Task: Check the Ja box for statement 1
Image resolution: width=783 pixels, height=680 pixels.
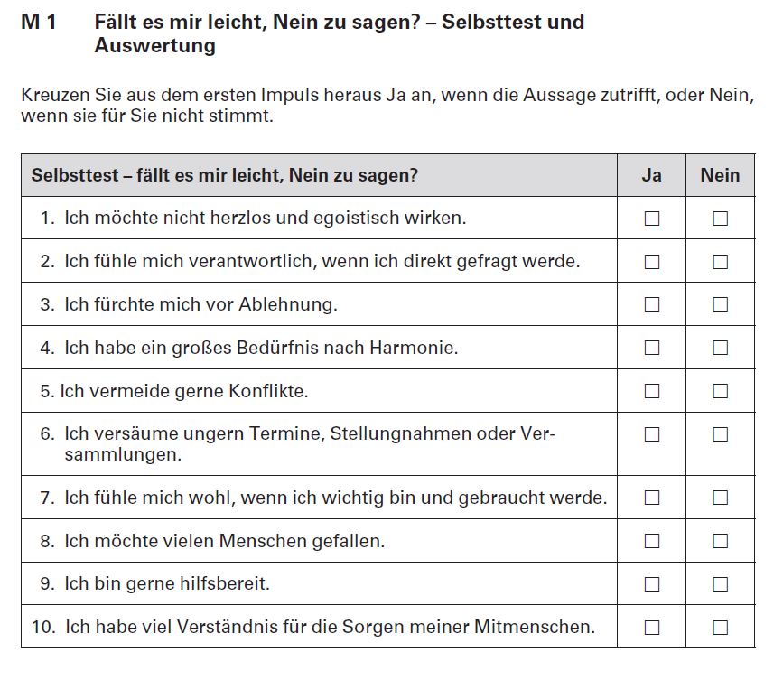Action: point(651,219)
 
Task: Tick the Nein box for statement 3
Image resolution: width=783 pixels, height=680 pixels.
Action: point(720,304)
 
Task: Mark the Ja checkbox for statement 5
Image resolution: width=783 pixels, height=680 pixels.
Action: point(651,391)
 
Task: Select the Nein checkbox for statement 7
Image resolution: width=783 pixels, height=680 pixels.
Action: point(720,498)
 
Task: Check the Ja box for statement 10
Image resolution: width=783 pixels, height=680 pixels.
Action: point(651,627)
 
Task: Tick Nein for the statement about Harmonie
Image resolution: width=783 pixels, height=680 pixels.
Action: point(720,348)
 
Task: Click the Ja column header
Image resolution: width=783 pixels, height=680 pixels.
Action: point(651,175)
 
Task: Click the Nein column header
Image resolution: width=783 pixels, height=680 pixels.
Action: point(720,175)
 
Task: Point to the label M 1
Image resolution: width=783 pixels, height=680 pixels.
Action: point(39,22)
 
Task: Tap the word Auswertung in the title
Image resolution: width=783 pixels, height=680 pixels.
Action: point(154,45)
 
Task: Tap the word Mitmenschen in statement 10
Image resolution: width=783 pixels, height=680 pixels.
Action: point(541,626)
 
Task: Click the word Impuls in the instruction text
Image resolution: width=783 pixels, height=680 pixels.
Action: point(284,96)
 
